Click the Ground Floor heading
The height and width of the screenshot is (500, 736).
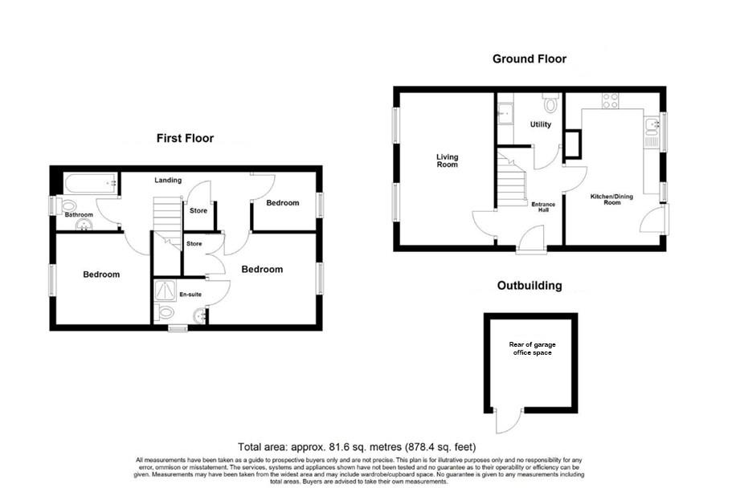coord(529,59)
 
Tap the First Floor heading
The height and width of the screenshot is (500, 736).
coord(185,138)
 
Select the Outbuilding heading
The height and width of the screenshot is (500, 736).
coord(529,285)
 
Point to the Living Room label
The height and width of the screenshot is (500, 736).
coord(447,161)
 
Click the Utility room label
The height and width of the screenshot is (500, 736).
coord(540,124)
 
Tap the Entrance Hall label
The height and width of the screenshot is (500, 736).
coord(544,207)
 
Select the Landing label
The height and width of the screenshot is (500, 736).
coord(169,180)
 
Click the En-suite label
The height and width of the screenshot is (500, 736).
coord(190,295)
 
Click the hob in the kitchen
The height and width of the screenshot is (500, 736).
coord(611,101)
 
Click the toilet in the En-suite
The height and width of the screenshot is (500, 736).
coord(166,313)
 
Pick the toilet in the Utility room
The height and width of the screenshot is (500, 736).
coord(550,104)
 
